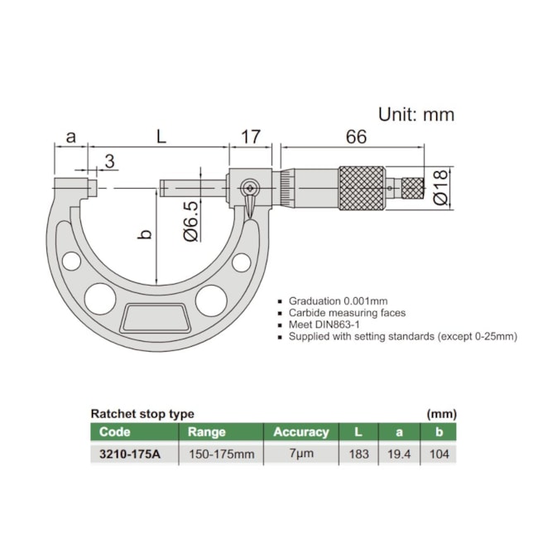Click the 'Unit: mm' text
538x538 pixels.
coord(416,115)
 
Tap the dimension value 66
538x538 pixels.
coord(356,137)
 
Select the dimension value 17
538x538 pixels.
coord(251,137)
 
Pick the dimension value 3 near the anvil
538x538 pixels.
coord(109,160)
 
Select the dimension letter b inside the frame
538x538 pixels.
coord(144,235)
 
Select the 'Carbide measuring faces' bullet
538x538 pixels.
coord(347,313)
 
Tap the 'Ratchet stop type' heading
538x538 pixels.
coord(142,413)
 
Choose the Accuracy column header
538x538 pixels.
coord(301,431)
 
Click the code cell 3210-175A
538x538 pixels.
coord(131,454)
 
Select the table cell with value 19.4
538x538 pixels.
coord(399,454)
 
